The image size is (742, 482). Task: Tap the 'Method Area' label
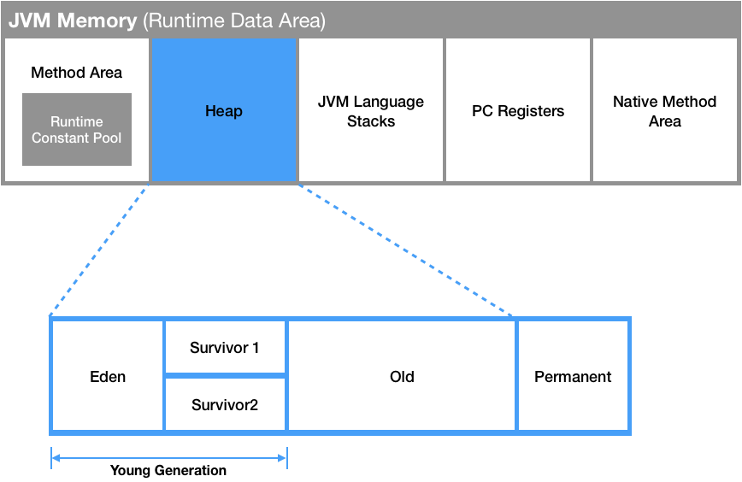tap(76, 73)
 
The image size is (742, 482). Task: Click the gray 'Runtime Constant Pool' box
tap(77, 130)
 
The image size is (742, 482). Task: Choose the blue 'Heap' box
tap(223, 111)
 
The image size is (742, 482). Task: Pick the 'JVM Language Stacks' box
tap(371, 111)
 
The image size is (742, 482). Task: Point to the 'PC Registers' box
tap(518, 111)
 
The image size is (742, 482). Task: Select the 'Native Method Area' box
tap(664, 111)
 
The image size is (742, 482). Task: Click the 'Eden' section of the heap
tap(108, 376)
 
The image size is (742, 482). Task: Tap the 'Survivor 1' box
tap(225, 348)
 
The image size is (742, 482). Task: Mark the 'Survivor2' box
tap(225, 404)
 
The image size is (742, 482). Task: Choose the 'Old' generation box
tap(402, 376)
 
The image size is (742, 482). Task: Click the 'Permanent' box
tap(573, 376)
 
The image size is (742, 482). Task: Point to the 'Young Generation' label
tap(168, 471)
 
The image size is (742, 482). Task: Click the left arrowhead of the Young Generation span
tap(55, 458)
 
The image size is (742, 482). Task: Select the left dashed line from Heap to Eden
tap(100, 250)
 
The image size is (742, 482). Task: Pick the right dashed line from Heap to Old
tap(406, 250)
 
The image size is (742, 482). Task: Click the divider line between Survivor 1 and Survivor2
tap(225, 375)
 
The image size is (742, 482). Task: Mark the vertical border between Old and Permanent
tap(516, 376)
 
